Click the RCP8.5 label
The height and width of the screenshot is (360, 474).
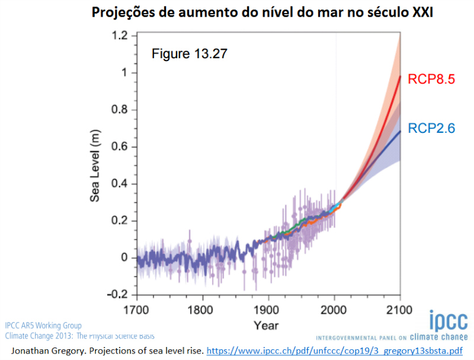pyautogui.click(x=430, y=79)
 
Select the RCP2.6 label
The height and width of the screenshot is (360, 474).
pyautogui.click(x=430, y=128)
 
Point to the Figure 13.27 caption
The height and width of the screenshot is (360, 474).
pyautogui.click(x=190, y=54)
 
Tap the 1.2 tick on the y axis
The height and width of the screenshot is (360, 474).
pyautogui.click(x=121, y=36)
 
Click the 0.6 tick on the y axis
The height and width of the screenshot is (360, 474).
pyautogui.click(x=121, y=147)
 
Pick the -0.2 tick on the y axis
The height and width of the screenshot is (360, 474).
pyautogui.click(x=118, y=295)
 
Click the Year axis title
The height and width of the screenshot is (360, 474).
pyautogui.click(x=266, y=326)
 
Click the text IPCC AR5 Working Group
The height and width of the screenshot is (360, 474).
pyautogui.click(x=43, y=326)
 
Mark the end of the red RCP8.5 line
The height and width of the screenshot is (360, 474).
pyautogui.click(x=401, y=76)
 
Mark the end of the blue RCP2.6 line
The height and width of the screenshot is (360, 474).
pyautogui.click(x=401, y=131)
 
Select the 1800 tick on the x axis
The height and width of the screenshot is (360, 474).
pyautogui.click(x=203, y=309)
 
